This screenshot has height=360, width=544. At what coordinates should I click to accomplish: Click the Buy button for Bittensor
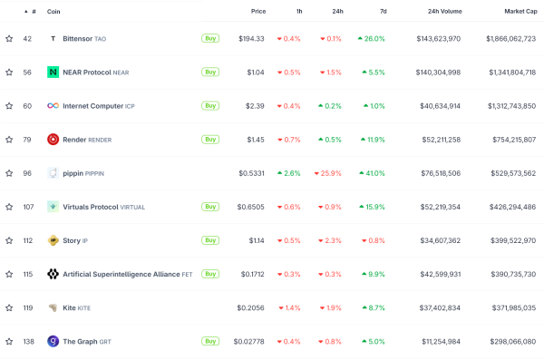pos(209,39)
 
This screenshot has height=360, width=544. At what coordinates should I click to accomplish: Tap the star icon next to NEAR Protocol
pos(9,72)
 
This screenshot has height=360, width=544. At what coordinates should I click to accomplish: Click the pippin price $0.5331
pos(251,173)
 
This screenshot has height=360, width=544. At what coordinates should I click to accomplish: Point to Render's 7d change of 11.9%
pos(374,140)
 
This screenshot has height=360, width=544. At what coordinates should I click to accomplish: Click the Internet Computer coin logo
pos(53,106)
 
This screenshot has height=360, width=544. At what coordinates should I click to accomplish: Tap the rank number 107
pos(27,207)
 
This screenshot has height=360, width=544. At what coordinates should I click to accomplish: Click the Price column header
pos(257,11)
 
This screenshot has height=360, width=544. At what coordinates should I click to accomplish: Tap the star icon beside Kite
pos(9,307)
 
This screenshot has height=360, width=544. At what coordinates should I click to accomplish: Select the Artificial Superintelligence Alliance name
pos(121,274)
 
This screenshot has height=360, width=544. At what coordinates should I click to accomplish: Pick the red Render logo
pos(53,140)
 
